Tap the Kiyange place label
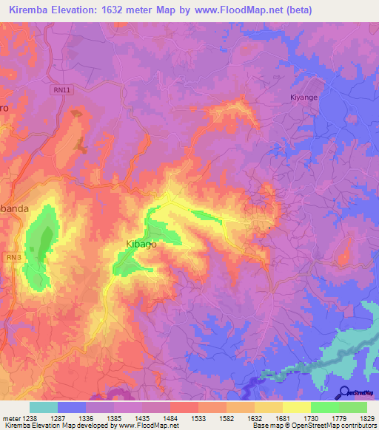303,98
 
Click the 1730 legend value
309,418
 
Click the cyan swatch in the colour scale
43,407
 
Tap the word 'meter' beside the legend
10,418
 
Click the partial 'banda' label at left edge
14,208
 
